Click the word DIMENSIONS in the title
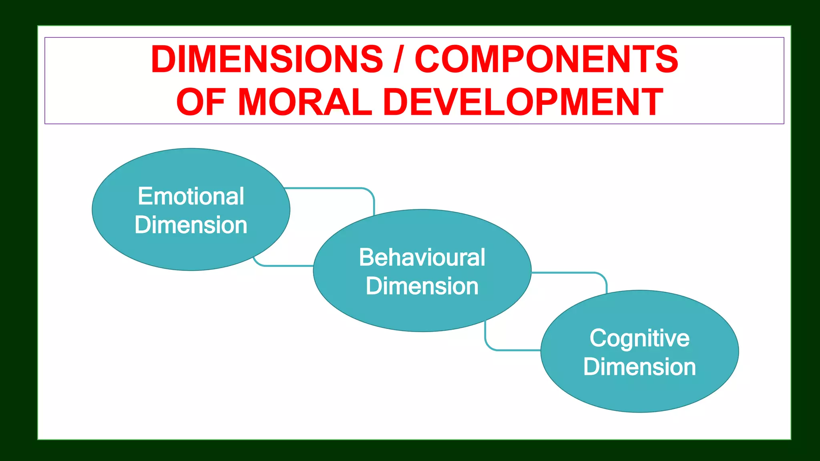tap(267, 59)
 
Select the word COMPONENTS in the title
tap(546, 59)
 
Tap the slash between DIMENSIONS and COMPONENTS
tap(398, 59)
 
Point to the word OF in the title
tap(201, 102)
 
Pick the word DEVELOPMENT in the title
tap(523, 102)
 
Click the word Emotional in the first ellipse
tap(191, 196)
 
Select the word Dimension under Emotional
tap(191, 225)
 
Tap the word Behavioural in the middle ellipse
tap(422, 257)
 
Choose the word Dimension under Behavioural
tap(422, 286)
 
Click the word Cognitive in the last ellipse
tap(639, 339)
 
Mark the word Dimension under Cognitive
tap(639, 367)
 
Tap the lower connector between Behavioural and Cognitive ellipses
tap(512, 350)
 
